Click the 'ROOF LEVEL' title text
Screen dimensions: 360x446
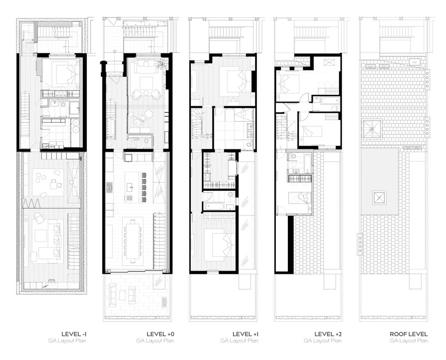[x=408, y=333]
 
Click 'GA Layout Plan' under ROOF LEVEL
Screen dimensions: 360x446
[x=408, y=340]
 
